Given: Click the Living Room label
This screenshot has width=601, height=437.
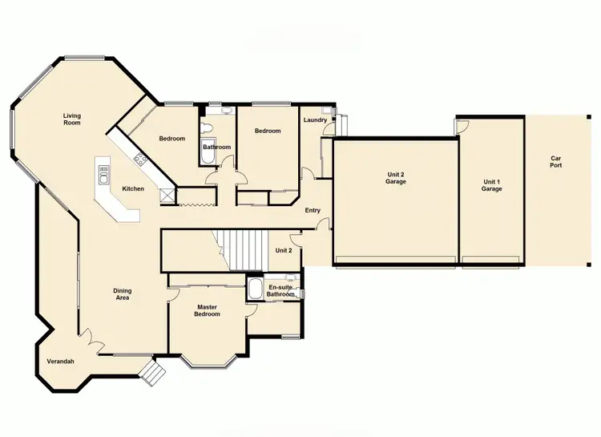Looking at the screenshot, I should click(x=72, y=120).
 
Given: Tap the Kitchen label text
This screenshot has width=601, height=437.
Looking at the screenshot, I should click(x=133, y=189).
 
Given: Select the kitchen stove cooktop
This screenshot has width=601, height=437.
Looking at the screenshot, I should click(x=140, y=158).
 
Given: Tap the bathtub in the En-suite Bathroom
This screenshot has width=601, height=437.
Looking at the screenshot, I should click(x=255, y=288).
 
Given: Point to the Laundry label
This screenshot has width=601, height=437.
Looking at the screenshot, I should click(x=315, y=120).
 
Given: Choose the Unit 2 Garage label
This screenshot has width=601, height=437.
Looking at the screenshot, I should click(x=395, y=179).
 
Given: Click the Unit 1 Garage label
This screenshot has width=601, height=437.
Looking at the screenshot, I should click(x=491, y=186).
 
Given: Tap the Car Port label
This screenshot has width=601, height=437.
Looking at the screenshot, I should click(x=556, y=161).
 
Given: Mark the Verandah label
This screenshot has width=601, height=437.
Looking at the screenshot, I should click(x=60, y=362).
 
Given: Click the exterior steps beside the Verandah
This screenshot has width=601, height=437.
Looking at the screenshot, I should click(x=152, y=371).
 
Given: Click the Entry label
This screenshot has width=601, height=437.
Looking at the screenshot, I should click(x=313, y=210).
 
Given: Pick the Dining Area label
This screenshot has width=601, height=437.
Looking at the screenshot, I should click(x=122, y=294).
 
